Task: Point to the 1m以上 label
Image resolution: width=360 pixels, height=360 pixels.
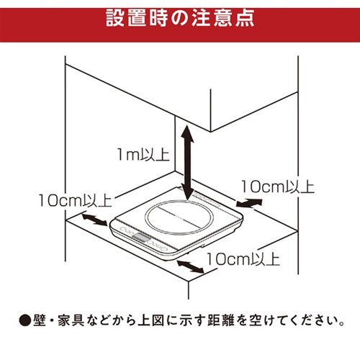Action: coord(143,154)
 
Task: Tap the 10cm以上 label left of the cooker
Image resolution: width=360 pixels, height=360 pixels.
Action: coord(75,200)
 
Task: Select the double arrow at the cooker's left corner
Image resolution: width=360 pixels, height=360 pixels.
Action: coord(94,220)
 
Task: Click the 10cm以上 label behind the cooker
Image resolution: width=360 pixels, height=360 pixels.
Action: coord(277,186)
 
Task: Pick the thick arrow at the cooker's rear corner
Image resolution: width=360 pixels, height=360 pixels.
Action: coord(249,203)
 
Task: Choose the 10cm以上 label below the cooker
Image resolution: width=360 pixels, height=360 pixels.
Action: coord(243,259)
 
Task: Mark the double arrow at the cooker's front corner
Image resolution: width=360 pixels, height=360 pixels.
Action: coord(190,266)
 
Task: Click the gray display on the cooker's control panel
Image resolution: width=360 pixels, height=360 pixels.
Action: coord(141,238)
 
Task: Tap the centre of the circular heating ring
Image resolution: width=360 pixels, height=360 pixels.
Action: coord(179,217)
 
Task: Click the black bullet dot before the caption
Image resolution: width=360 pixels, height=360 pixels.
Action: coord(25,320)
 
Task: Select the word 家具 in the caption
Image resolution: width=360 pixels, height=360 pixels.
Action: coord(71,320)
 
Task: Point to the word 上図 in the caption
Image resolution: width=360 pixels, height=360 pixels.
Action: coord(151,320)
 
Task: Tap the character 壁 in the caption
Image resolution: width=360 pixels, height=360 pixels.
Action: coord(40,320)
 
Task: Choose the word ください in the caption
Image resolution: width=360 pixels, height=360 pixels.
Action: coord(310,320)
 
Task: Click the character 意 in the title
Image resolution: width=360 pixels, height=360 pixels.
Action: coord(222,18)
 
